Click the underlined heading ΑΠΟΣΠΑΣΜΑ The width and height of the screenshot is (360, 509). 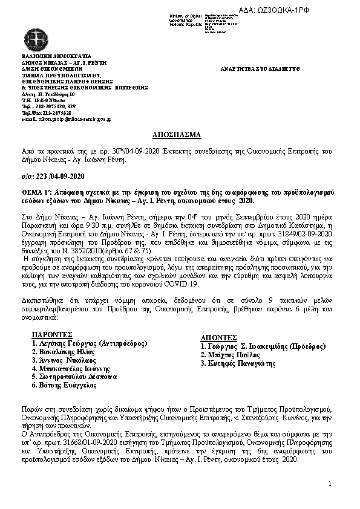180,135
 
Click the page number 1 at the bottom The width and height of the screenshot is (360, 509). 331,484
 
